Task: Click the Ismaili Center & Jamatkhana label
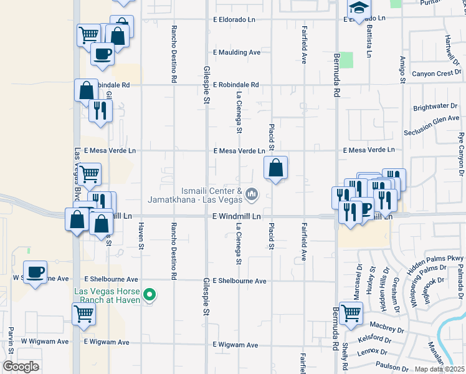[194, 195]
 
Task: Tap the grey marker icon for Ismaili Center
[252, 195]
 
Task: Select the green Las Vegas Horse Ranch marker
[149, 295]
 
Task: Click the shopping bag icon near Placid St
[275, 168]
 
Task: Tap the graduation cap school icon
[359, 8]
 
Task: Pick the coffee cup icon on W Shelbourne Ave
[36, 272]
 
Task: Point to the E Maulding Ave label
[236, 52]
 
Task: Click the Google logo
[21, 367]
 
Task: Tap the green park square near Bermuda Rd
[346, 60]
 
